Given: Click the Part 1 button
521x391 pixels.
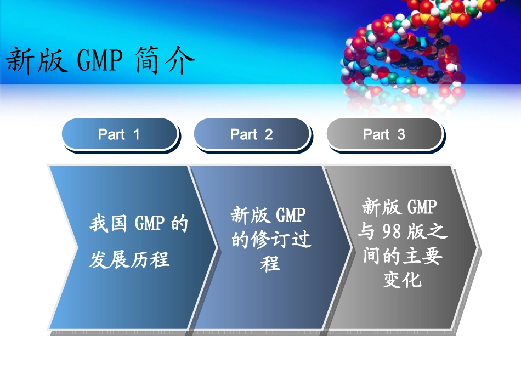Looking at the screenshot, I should click(119, 134).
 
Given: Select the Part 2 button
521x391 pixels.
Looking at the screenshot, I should click(251, 134).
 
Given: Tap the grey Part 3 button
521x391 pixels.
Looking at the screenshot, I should click(384, 134).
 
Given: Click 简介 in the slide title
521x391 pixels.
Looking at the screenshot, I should click(165, 60).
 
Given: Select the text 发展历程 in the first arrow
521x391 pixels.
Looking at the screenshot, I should click(129, 259).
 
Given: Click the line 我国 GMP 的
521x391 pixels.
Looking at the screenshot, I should click(138, 224).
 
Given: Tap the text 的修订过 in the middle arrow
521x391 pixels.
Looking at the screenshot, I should click(271, 240).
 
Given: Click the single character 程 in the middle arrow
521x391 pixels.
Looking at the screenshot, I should click(270, 264).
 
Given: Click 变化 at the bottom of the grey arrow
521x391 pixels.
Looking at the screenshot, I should click(403, 280).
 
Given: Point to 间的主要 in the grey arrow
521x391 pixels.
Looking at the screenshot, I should click(403, 256).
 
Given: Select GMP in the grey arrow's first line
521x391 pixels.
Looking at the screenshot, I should click(423, 207).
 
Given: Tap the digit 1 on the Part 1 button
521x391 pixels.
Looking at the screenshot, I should click(136, 134).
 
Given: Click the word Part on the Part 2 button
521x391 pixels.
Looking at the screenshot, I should click(243, 134).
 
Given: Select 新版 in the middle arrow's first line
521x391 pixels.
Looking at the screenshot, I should click(250, 216).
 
